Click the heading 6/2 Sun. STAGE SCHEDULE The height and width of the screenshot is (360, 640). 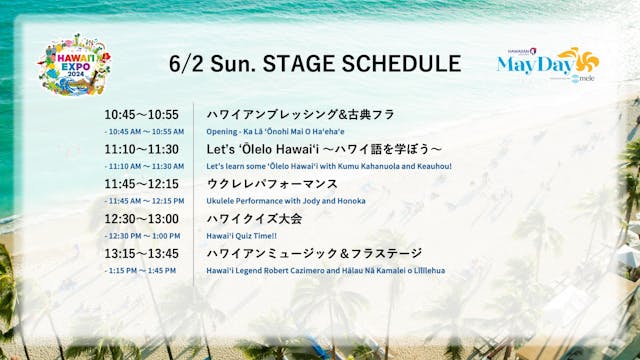click(x=315, y=64)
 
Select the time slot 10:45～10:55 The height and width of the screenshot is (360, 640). click(x=141, y=115)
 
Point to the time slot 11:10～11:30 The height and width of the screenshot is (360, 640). click(x=141, y=149)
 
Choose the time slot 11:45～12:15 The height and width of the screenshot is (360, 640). click(x=141, y=184)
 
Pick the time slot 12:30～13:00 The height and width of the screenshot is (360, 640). click(x=141, y=218)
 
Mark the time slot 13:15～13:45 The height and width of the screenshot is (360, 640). click(x=141, y=253)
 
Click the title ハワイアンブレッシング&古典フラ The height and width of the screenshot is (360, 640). click(x=300, y=115)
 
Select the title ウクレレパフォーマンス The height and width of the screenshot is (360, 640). click(x=271, y=184)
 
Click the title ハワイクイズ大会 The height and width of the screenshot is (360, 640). click(x=254, y=218)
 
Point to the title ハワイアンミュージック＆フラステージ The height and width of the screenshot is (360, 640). click(x=313, y=253)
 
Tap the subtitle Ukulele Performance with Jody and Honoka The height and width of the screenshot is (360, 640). click(x=286, y=201)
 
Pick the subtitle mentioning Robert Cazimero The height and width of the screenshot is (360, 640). click(x=326, y=270)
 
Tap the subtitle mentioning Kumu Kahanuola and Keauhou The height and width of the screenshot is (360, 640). click(x=329, y=166)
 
